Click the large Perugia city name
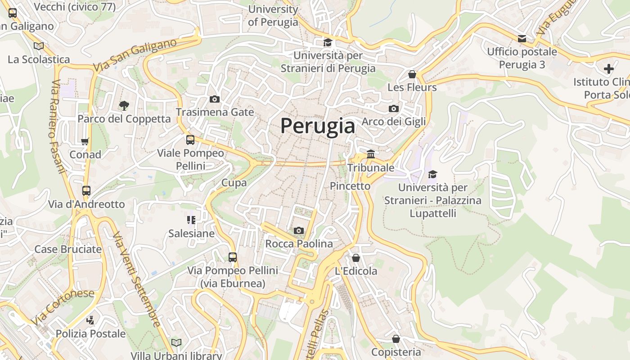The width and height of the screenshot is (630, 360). tap(318, 126)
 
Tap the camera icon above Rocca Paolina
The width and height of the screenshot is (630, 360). tap(298, 231)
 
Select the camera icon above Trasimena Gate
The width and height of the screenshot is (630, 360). tap(215, 99)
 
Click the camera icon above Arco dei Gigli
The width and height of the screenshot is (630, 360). tap(393, 108)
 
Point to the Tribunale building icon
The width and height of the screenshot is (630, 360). tap(370, 155)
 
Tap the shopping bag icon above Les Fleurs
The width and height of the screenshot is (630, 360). tap(412, 74)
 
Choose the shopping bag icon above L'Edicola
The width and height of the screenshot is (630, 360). tap(355, 258)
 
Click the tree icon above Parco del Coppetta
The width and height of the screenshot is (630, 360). tap(124, 106)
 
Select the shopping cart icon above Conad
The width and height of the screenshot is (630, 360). tap(85, 142)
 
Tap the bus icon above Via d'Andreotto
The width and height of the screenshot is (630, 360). tap(86, 191)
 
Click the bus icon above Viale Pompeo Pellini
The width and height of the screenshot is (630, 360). tap(190, 140)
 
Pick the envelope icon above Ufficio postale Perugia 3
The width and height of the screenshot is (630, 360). tap(522, 39)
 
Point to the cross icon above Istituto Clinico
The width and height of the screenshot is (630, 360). tap(608, 69)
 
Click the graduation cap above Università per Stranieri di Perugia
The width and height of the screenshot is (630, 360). tap(328, 43)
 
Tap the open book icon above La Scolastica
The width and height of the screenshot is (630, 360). tap(39, 46)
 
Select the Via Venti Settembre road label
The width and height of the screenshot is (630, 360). tap(137, 279)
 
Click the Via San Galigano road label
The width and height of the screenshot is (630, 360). tap(135, 55)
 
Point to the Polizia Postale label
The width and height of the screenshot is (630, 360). tap(90, 333)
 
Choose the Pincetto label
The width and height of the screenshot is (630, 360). tap(350, 186)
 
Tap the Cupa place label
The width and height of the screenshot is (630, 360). tap(234, 183)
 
